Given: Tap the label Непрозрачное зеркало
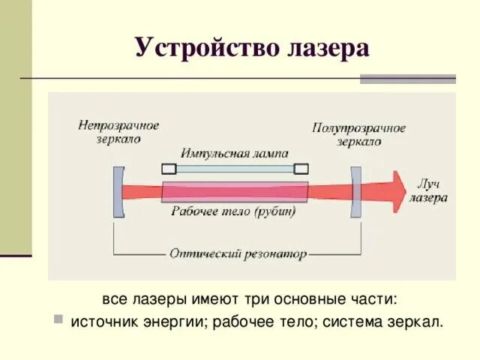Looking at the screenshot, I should pos(118,131).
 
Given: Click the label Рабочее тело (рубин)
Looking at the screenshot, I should pos(234,211).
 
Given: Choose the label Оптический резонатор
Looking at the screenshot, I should pos(238,254).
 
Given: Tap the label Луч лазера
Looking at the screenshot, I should pos(428,192).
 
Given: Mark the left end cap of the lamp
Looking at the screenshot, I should pos(169,169).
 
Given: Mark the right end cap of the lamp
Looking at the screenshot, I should pos(301,169).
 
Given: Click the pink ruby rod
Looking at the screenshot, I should pos(235,190).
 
